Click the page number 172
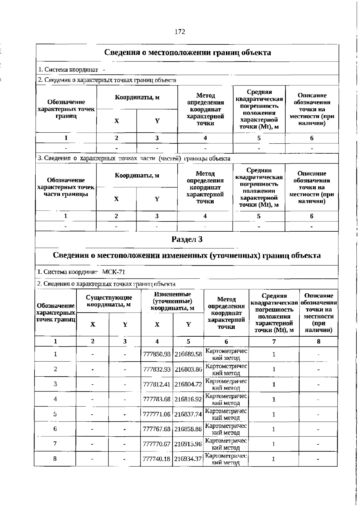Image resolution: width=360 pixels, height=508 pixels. coord(179,32)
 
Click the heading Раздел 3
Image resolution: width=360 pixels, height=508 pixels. coord(187,239)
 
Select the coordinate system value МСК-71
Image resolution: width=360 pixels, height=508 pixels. coord(113,272)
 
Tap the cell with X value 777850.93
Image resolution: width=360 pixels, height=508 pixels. coord(157,354)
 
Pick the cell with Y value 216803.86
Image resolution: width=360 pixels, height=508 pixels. coord(188,369)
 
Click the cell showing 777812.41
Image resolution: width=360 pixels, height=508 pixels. coord(157,384)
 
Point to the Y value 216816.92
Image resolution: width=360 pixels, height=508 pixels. coord(188,399)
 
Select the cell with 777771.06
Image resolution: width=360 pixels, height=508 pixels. coord(157,414)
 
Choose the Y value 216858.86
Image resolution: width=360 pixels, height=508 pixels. coord(188,429)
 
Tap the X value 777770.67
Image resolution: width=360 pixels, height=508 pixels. coord(157,444)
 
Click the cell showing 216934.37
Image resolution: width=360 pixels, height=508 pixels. coord(188,459)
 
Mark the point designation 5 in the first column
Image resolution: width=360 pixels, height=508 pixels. coord(55,414)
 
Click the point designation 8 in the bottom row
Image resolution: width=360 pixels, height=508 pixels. coord(55,458)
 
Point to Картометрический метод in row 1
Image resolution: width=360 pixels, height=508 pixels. coord(226,354)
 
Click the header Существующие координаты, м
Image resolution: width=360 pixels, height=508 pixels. coord(109,301)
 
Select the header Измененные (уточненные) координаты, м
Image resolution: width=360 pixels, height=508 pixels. coord(172,301)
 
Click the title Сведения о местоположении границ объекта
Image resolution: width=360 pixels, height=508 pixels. coord(187,53)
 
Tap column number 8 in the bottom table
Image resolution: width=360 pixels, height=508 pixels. coord(319,341)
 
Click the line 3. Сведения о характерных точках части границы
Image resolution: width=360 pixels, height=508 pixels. coord(134,158)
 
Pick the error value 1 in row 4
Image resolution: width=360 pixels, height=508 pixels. coord(274,399)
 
